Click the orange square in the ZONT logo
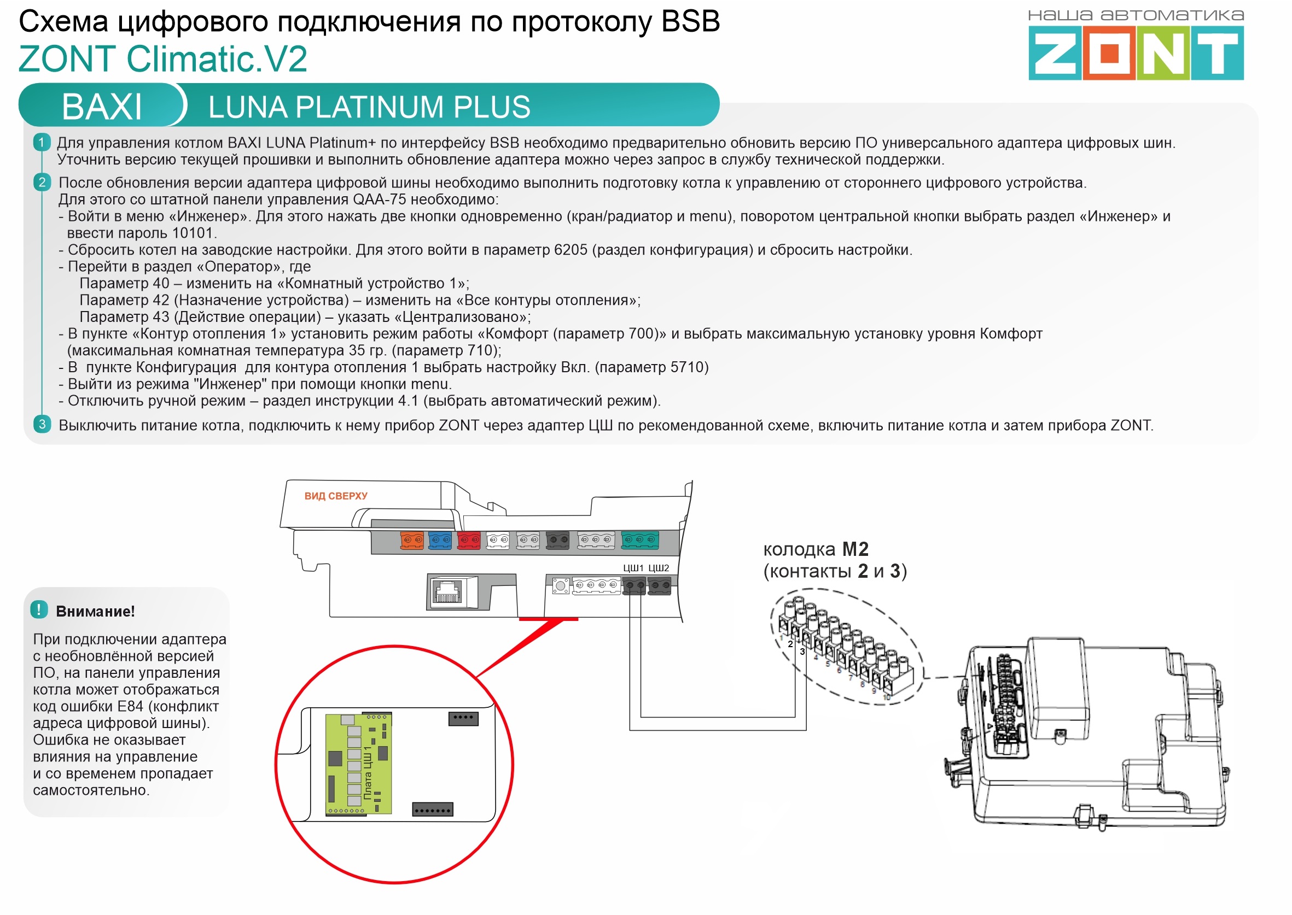(1109, 54)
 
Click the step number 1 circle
(42, 143)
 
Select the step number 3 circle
(42, 424)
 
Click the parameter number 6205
(571, 250)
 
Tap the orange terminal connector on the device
(411, 541)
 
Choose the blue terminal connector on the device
(440, 541)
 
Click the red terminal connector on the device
(468, 541)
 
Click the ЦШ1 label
(633, 568)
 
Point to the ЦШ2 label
(659, 568)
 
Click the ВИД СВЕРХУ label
(336, 496)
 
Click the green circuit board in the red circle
(358, 764)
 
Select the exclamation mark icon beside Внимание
(39, 609)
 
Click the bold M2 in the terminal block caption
(854, 549)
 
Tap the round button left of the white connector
(560, 586)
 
